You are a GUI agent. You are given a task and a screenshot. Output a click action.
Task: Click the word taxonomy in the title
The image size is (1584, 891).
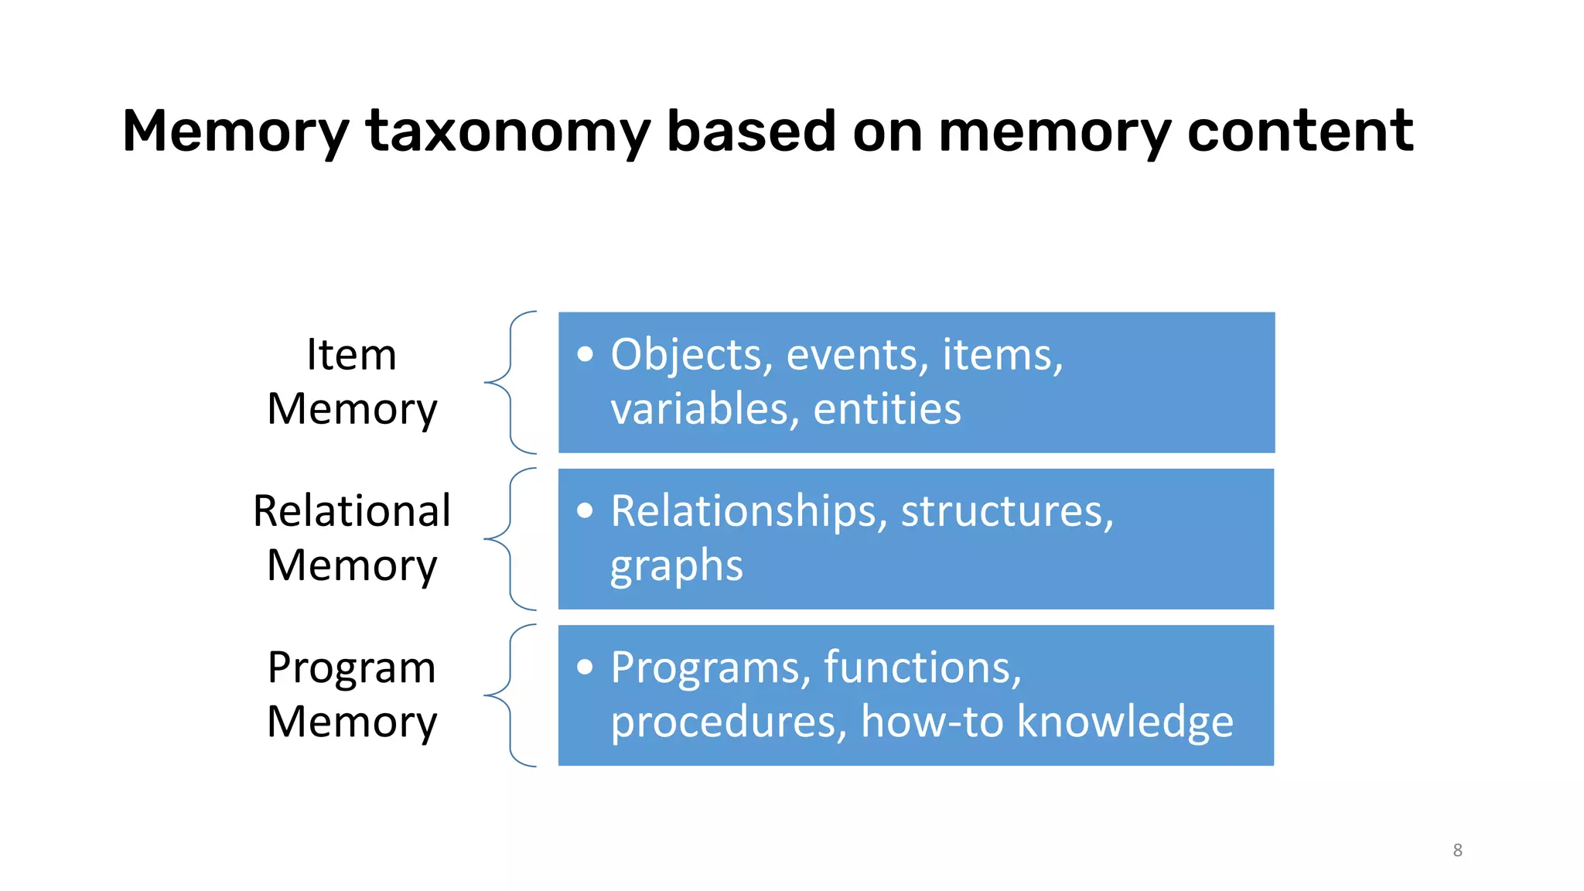click(x=507, y=131)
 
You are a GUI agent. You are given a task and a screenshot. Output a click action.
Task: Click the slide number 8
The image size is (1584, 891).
click(x=1457, y=850)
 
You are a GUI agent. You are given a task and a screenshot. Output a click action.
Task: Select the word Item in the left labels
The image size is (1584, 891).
click(x=351, y=355)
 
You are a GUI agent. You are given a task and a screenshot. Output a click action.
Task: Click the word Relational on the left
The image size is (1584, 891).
click(x=352, y=511)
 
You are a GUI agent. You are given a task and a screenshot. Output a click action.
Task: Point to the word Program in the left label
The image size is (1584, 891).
click(x=352, y=667)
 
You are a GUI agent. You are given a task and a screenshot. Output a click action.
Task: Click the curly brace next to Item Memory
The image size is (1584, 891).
click(x=510, y=382)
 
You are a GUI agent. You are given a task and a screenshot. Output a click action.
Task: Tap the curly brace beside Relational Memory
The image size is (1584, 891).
click(x=510, y=538)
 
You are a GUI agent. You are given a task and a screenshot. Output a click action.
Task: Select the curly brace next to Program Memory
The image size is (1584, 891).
click(x=510, y=695)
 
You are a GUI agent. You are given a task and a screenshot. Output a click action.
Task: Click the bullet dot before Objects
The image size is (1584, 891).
click(x=585, y=354)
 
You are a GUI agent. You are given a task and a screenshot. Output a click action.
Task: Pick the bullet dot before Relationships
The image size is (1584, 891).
click(x=585, y=510)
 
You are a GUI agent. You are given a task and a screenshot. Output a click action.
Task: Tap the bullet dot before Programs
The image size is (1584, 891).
click(x=585, y=667)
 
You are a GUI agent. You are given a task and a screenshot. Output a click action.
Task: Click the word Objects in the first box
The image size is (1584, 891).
click(x=691, y=355)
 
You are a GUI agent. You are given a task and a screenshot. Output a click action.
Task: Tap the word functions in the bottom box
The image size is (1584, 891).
click(x=922, y=667)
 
